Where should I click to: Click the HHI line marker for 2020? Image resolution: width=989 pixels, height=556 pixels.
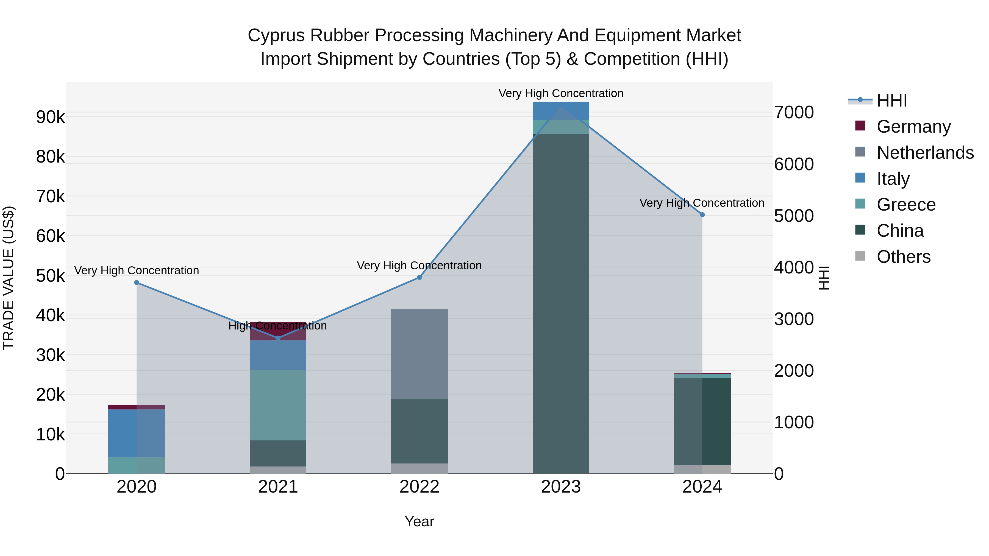[137, 283]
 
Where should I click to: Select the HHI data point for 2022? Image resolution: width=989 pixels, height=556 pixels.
[419, 277]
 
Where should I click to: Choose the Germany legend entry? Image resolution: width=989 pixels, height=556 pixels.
[913, 126]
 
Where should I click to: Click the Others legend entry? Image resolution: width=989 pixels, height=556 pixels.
[903, 256]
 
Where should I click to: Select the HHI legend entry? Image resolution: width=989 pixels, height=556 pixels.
[891, 100]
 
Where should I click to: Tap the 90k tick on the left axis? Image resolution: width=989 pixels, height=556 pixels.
[50, 117]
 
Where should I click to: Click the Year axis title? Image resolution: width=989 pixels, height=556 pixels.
[419, 521]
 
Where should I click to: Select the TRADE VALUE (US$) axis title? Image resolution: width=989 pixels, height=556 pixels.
[9, 278]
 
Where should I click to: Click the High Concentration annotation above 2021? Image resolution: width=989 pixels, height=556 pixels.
[277, 326]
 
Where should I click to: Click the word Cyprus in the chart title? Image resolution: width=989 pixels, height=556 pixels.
[276, 35]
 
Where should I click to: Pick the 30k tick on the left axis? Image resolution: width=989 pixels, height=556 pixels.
[50, 355]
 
